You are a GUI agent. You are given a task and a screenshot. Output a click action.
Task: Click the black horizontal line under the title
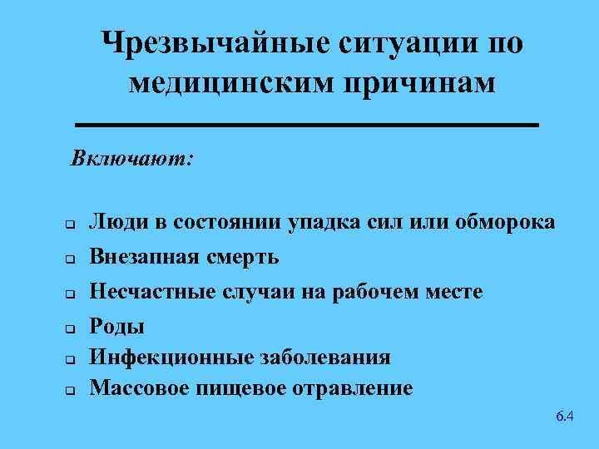[307, 126]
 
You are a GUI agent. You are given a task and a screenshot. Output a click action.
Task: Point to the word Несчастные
[149, 292]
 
